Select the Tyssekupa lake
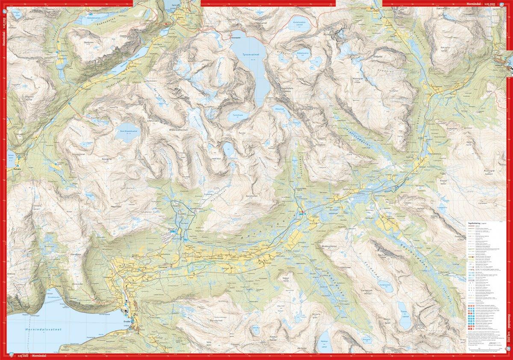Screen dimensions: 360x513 (237, 115)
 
